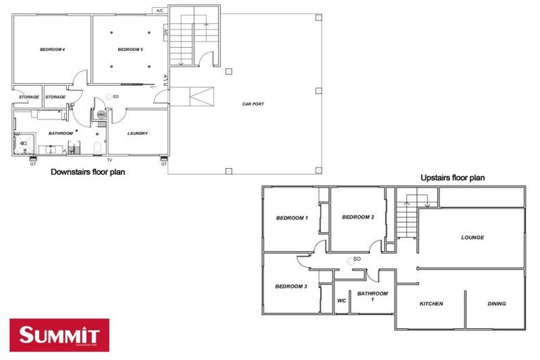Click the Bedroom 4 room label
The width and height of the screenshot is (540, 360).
[52, 49]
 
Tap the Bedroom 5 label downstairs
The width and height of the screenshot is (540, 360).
[130, 49]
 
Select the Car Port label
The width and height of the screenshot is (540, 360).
[253, 104]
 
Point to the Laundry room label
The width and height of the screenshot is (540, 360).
[137, 133]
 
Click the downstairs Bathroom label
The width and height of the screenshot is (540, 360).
[60, 133]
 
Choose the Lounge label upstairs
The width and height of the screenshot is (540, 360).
[472, 238]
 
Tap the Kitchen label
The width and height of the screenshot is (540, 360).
[431, 304]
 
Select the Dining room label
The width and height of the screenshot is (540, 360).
[496, 304]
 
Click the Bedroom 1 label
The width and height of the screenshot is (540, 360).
[291, 218]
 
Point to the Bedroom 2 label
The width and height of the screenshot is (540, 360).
[358, 217]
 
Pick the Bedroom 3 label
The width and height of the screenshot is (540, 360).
[291, 286]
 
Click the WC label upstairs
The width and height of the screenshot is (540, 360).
[342, 301]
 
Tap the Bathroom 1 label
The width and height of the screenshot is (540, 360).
[372, 296]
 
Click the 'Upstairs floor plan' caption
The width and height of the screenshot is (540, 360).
[452, 179]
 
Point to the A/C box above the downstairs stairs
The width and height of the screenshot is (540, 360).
[160, 11]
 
